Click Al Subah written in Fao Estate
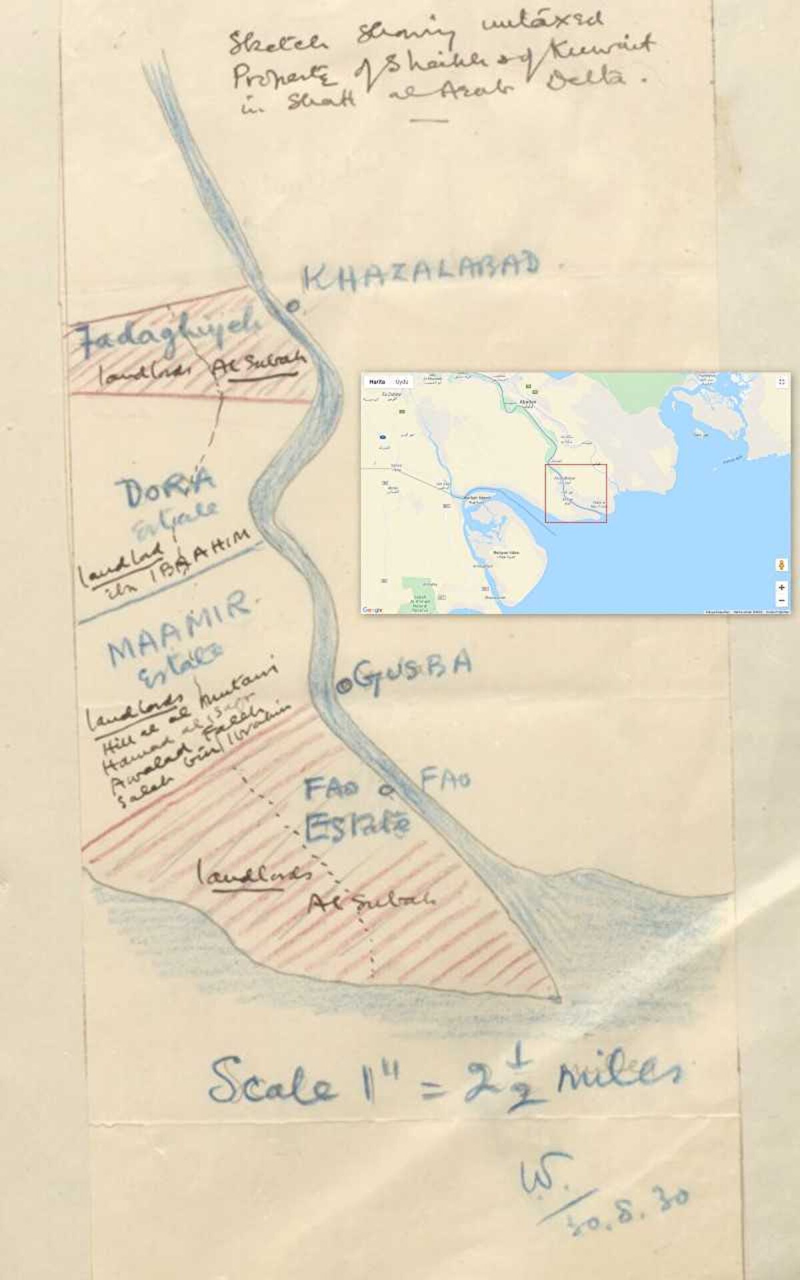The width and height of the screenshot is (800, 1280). click(371, 901)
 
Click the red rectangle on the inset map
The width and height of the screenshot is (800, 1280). click(576, 493)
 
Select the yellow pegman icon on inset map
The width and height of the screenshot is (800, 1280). click(781, 565)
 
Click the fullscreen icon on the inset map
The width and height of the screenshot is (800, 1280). click(781, 382)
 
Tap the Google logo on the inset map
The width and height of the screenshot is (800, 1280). click(373, 610)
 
